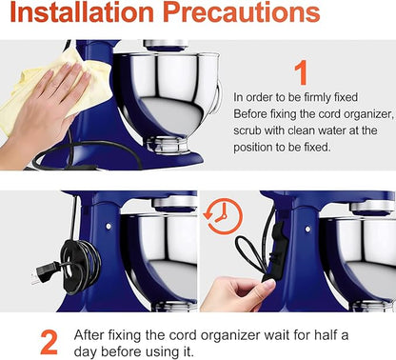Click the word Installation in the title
click(82, 12)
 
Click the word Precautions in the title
click(241, 12)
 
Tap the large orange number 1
click(301, 72)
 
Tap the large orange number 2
click(49, 342)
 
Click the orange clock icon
click(223, 216)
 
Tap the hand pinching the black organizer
click(235, 293)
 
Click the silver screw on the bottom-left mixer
click(109, 227)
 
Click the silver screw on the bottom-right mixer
click(307, 229)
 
